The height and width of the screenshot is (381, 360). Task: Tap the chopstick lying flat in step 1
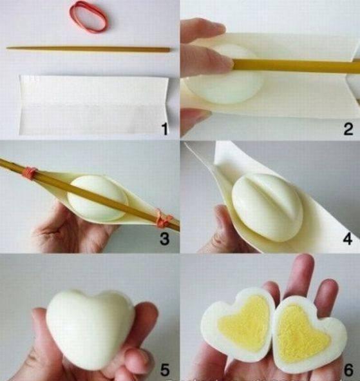click(88, 49)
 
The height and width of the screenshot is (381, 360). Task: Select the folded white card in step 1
click(93, 104)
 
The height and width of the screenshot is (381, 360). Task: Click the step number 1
click(165, 129)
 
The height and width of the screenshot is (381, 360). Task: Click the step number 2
click(348, 130)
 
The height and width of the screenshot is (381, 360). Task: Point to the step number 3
click(165, 239)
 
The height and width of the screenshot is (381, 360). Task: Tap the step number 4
click(348, 239)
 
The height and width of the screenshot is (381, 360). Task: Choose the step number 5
click(165, 369)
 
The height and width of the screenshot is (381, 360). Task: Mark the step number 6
click(348, 370)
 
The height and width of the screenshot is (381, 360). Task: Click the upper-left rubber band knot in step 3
click(30, 173)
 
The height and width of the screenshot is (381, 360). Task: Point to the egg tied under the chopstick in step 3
click(97, 198)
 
